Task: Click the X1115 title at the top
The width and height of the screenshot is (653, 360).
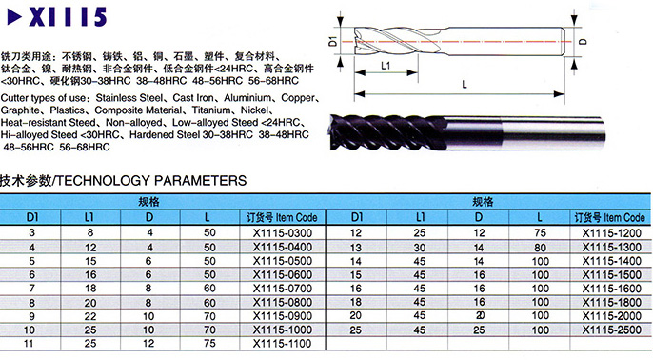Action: [x=68, y=17]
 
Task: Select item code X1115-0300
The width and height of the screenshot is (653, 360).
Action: [x=283, y=233]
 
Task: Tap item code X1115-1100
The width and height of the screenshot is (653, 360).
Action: [x=283, y=344]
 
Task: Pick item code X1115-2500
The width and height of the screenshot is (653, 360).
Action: [x=611, y=330]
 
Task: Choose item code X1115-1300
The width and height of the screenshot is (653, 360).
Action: [x=611, y=248]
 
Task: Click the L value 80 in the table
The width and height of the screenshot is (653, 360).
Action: [x=540, y=248]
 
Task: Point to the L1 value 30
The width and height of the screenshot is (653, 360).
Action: [x=420, y=248]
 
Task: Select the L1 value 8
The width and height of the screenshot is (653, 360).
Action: [x=90, y=233]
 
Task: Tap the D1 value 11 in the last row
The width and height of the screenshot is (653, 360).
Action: [x=29, y=344]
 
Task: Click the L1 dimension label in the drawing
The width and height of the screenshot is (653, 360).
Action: [x=386, y=66]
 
